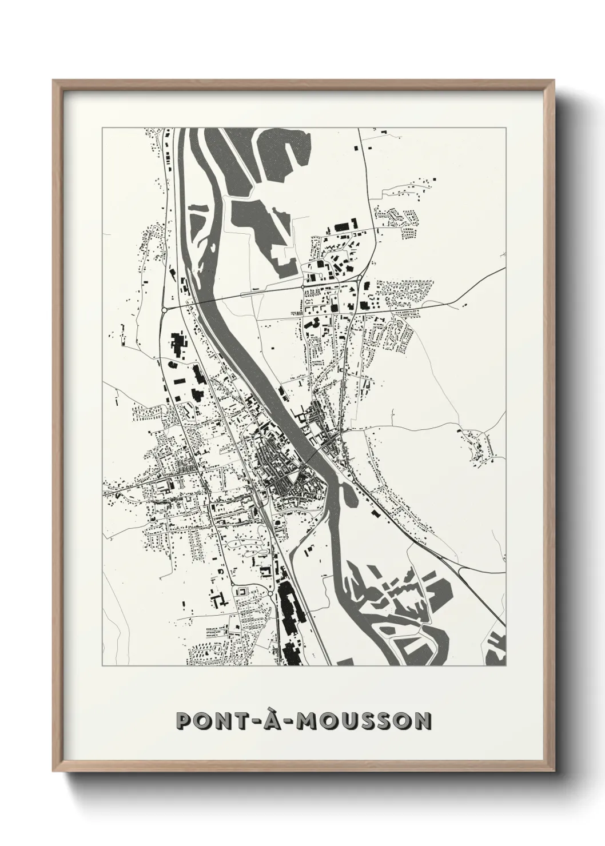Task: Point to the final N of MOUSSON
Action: point(422,721)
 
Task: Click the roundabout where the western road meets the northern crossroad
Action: point(164,309)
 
